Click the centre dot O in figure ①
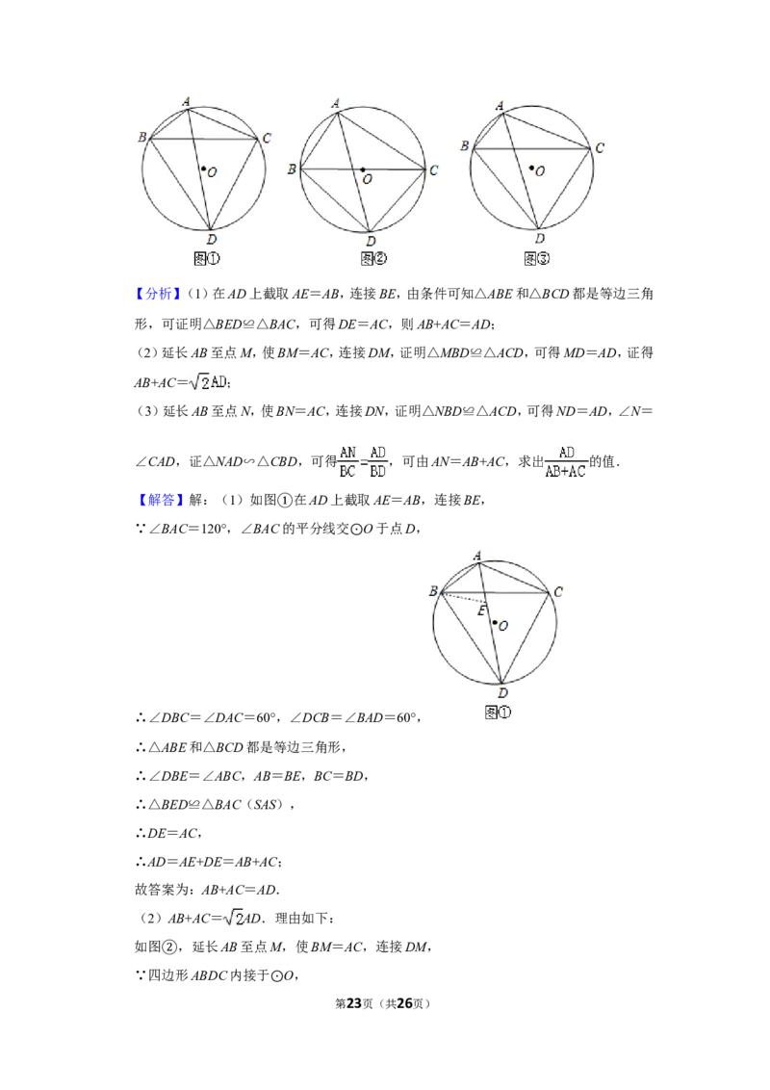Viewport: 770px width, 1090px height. [203, 168]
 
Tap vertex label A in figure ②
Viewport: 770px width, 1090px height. [336, 104]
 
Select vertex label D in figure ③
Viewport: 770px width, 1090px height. [540, 239]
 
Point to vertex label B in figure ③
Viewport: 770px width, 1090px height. [464, 146]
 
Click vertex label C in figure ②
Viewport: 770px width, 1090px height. [434, 169]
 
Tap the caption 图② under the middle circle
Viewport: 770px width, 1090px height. [373, 259]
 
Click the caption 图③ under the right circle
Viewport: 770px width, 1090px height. [536, 259]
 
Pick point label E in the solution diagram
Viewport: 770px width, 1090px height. [481, 611]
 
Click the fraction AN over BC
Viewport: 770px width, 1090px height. [347, 461]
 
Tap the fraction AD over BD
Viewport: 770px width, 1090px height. [377, 461]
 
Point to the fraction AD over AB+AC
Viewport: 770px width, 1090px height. [566, 461]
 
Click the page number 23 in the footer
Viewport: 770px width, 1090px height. [354, 1003]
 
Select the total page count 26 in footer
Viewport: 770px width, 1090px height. [404, 1003]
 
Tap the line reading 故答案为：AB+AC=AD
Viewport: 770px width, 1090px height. [206, 890]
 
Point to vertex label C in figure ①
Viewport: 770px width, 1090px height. [267, 139]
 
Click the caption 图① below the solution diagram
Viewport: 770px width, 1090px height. [498, 713]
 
